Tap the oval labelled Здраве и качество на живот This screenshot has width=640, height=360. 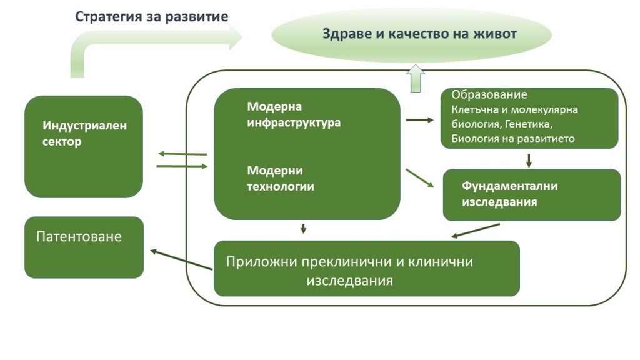coord(411,34)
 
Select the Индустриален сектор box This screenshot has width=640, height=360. coord(84,146)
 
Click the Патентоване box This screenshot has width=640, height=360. coord(84,247)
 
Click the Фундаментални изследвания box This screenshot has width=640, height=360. coord(531,194)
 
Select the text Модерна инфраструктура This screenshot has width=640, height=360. coord(294,114)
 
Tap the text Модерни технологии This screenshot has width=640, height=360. coord(281,178)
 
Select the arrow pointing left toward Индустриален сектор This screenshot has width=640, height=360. coord(182,154)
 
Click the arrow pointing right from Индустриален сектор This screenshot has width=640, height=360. coord(182,166)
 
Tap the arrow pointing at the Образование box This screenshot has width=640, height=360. coord(419,119)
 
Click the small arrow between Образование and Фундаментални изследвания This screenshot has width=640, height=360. coord(529,160)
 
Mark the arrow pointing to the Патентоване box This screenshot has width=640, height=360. coord(181,260)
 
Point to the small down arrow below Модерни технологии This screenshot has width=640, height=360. coord(303,229)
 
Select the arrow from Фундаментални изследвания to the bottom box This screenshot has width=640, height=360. coord(476,231)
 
